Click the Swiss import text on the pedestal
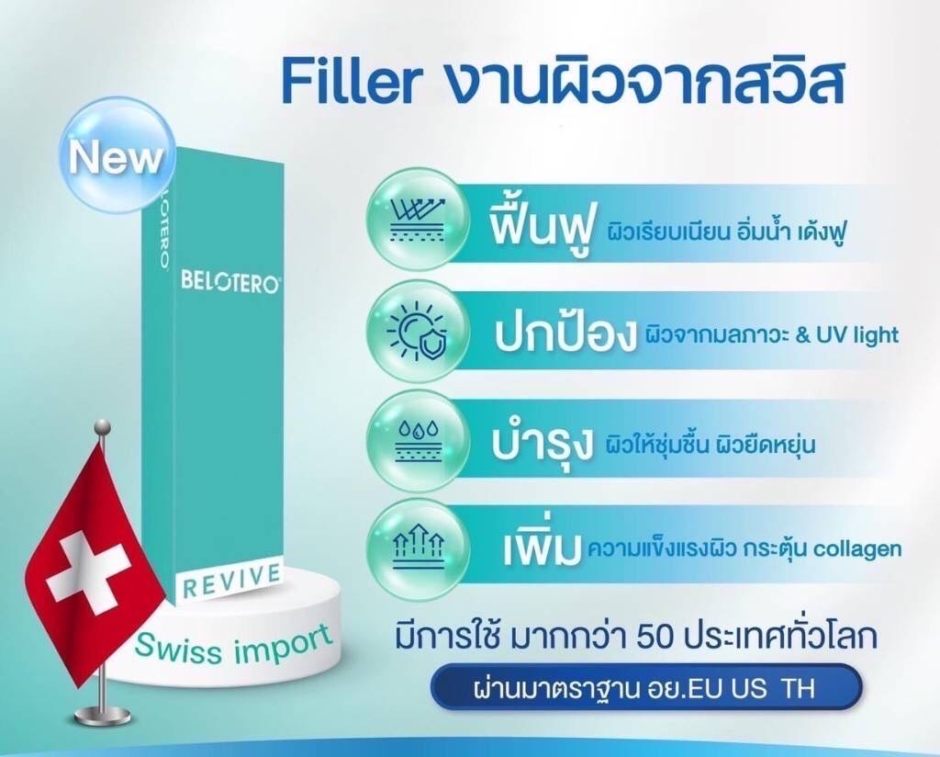[x=234, y=642]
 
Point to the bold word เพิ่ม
[x=543, y=548]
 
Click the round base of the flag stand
[x=104, y=716]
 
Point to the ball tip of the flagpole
[x=103, y=427]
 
